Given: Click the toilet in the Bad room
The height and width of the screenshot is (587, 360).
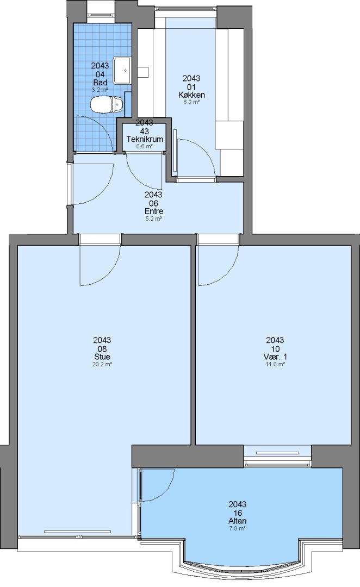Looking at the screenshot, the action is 107,104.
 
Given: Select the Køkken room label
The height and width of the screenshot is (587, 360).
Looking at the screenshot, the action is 191,95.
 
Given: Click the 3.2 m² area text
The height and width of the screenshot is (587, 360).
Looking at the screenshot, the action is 100,90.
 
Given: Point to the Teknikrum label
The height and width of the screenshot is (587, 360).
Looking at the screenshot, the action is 145,139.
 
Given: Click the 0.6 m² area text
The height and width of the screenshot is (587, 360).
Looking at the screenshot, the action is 145,146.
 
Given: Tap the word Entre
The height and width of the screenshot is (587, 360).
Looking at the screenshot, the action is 153,211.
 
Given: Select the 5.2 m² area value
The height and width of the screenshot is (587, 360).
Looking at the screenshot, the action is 153,218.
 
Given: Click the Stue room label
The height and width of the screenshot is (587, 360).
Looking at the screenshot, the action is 102,357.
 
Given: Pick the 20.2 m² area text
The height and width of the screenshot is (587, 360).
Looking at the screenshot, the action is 102,364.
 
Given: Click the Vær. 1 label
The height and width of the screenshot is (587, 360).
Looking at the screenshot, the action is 275,357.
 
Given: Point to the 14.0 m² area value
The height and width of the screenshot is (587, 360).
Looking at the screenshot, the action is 275,364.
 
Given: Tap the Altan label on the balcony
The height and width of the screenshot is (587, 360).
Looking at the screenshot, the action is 238,521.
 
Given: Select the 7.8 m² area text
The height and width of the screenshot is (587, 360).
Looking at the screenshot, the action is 238,528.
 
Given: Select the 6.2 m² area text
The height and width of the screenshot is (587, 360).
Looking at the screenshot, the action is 191,102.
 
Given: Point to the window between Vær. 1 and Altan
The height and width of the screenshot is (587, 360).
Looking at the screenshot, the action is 277,456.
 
